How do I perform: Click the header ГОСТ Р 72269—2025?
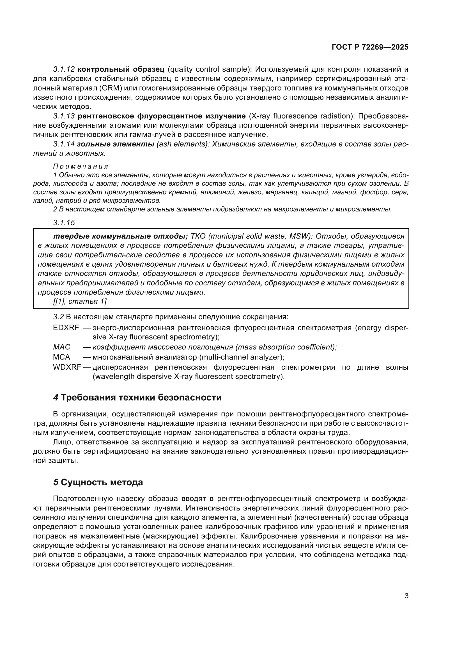(x=370, y=47)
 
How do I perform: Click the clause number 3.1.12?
(x=64, y=69)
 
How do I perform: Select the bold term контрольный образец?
(x=121, y=69)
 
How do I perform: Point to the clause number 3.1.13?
(x=64, y=116)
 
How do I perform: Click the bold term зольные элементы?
(x=115, y=144)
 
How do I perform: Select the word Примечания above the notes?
(x=81, y=166)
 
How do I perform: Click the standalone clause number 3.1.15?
(x=64, y=223)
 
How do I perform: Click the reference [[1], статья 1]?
(x=80, y=302)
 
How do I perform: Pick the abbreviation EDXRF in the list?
(x=66, y=328)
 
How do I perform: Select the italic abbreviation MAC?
(x=61, y=347)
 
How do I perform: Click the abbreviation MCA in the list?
(x=61, y=357)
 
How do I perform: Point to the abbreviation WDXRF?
(x=67, y=367)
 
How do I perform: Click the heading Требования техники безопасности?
(x=141, y=397)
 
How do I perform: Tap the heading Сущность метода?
(x=102, y=482)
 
